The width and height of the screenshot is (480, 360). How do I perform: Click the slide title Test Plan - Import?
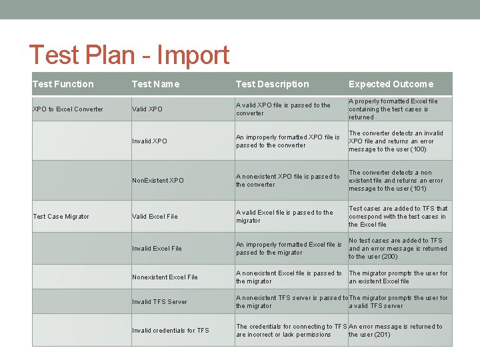[x=129, y=55]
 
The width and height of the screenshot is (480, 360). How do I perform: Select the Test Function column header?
[x=63, y=84]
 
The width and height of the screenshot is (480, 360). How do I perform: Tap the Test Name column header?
[x=155, y=84]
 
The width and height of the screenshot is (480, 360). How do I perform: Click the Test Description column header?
[x=272, y=84]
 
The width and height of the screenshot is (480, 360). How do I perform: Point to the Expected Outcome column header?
[x=391, y=84]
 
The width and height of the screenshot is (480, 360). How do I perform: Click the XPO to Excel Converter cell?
[x=68, y=109]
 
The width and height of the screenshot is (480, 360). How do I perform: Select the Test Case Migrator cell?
[x=61, y=217]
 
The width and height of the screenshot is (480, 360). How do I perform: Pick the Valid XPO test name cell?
[x=147, y=109]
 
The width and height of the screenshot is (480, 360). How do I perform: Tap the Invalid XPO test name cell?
[x=149, y=141]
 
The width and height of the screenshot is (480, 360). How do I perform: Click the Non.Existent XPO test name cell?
[x=158, y=181]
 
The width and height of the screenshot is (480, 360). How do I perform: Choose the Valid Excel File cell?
[x=155, y=217]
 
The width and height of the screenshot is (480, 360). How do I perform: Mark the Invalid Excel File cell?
[x=157, y=249]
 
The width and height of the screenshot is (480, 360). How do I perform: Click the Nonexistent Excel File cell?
[x=165, y=277]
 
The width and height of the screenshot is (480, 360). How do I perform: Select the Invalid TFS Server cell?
[x=159, y=302]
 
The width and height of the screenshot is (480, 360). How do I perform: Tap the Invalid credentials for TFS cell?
[x=170, y=331]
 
